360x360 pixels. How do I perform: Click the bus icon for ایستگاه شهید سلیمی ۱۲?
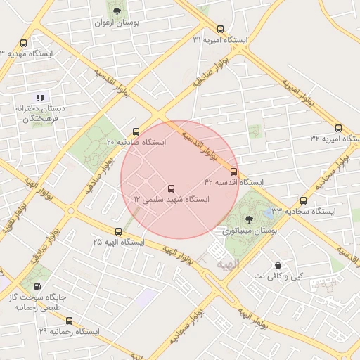(x=171, y=188)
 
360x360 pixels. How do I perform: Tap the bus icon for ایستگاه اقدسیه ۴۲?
(x=233, y=171)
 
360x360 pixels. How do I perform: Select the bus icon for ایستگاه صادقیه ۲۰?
(x=136, y=131)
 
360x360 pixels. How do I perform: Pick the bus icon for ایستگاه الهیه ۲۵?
(x=118, y=231)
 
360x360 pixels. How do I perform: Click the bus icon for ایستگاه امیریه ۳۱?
(x=221, y=30)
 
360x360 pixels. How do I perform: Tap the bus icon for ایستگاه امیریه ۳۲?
(x=338, y=128)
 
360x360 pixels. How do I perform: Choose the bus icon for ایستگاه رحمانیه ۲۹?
(x=67, y=320)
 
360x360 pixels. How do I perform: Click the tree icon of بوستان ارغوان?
(x=117, y=11)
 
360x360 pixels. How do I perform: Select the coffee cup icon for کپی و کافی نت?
(x=278, y=266)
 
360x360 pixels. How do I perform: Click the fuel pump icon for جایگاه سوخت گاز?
(x=37, y=287)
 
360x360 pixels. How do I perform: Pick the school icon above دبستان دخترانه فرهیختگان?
(x=40, y=98)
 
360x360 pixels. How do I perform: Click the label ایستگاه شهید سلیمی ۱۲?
(x=172, y=200)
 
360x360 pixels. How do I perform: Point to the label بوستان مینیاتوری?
(x=250, y=230)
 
